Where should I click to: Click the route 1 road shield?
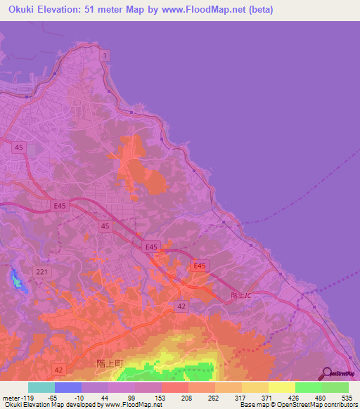coord(105,54)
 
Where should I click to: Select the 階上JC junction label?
coord(240,297)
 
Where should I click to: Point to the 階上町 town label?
coord(110,363)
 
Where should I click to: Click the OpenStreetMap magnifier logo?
coord(327,374)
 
